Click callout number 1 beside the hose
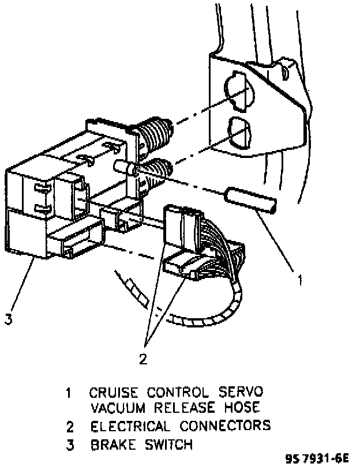(299, 281)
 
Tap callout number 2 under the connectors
(142, 359)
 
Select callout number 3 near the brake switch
(8, 319)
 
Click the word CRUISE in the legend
(113, 393)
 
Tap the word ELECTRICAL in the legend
(130, 427)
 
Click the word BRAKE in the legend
(110, 445)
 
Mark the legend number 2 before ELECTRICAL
(69, 427)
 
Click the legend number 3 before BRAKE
(69, 445)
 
